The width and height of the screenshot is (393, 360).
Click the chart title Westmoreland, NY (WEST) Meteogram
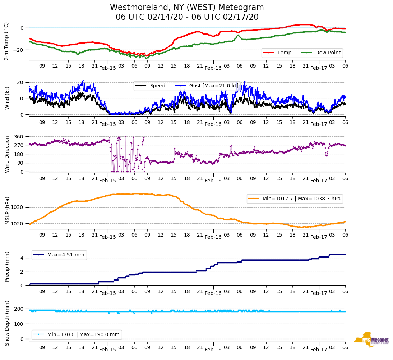187,8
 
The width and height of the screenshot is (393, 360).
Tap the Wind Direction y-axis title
7,154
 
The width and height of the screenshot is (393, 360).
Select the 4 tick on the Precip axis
22,258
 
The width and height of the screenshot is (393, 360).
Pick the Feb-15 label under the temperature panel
107,68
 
